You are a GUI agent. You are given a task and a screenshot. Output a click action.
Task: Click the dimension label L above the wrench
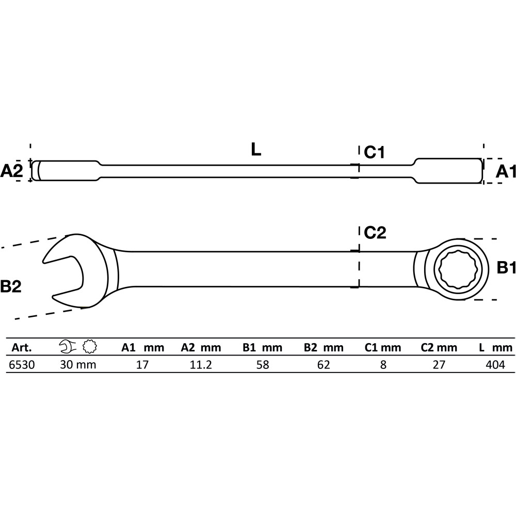tap(256, 150)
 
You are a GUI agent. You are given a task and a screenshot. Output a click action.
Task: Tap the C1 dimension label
tap(374, 152)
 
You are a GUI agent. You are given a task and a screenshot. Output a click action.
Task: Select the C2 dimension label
tap(375, 233)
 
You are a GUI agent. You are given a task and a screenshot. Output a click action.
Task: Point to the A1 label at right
tap(506, 171)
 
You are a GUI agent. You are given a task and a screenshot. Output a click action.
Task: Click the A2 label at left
tap(11, 171)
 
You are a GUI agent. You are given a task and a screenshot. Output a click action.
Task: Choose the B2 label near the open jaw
tap(10, 286)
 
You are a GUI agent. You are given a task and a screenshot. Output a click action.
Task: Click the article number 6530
tap(22, 365)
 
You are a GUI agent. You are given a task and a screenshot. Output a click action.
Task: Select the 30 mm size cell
tap(78, 365)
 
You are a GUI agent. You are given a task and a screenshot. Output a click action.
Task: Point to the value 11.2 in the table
tap(201, 365)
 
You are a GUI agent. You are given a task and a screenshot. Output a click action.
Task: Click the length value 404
tap(495, 365)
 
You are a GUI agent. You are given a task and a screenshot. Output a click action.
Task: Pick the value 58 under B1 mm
tap(263, 365)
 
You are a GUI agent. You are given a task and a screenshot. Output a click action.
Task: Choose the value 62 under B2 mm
tap(324, 365)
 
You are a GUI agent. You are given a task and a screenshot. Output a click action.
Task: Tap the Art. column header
tap(22, 347)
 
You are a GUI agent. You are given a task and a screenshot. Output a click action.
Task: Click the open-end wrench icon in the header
tap(68, 347)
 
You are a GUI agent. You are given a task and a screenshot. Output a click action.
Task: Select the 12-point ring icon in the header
tap(89, 347)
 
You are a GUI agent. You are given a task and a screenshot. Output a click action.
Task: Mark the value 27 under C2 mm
tap(439, 365)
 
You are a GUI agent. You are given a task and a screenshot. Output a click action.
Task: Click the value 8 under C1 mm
tap(383, 365)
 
